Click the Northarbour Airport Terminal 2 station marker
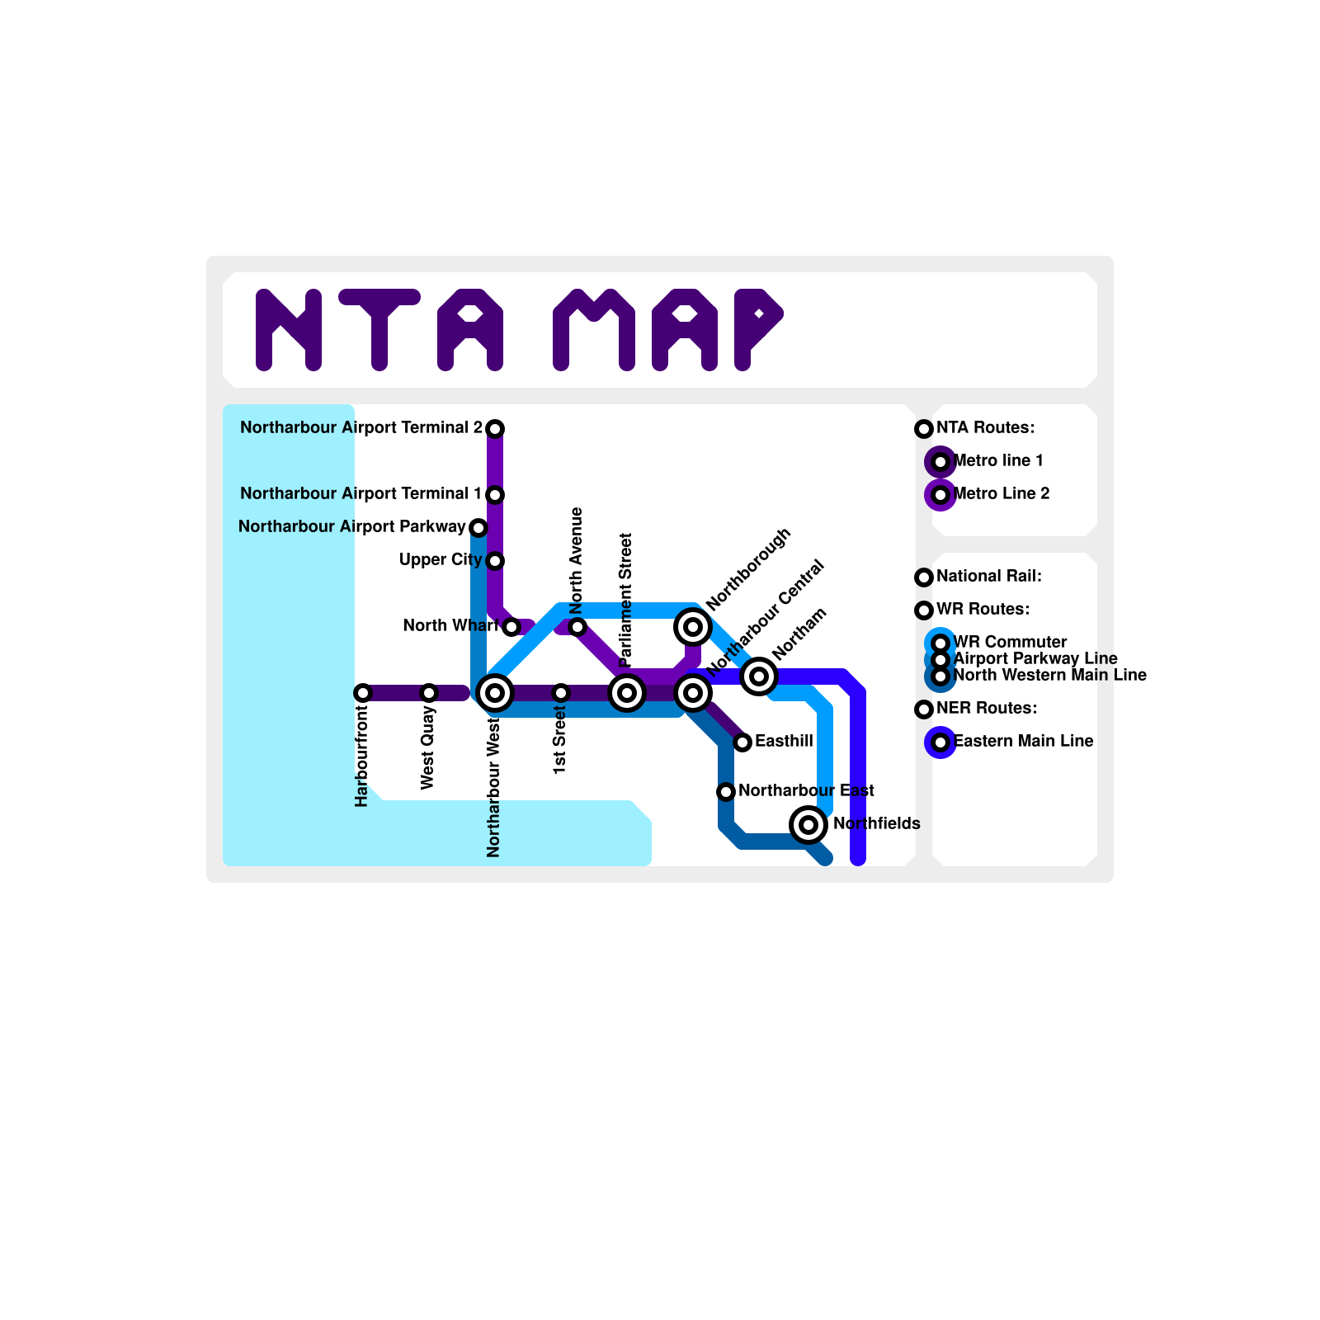(495, 428)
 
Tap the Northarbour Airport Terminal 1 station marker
(495, 494)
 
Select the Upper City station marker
(495, 561)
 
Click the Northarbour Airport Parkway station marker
(478, 527)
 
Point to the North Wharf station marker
(511, 627)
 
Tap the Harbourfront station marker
(362, 693)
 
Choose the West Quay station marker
(428, 693)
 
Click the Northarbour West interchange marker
(495, 693)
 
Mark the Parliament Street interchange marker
(627, 693)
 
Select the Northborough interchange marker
(693, 627)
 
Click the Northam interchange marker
(759, 676)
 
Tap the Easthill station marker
(742, 742)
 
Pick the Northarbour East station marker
(726, 792)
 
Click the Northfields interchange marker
(808, 825)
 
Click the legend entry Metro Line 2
(1001, 494)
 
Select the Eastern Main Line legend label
(1023, 742)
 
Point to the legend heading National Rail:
(988, 577)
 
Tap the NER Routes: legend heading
(986, 709)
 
